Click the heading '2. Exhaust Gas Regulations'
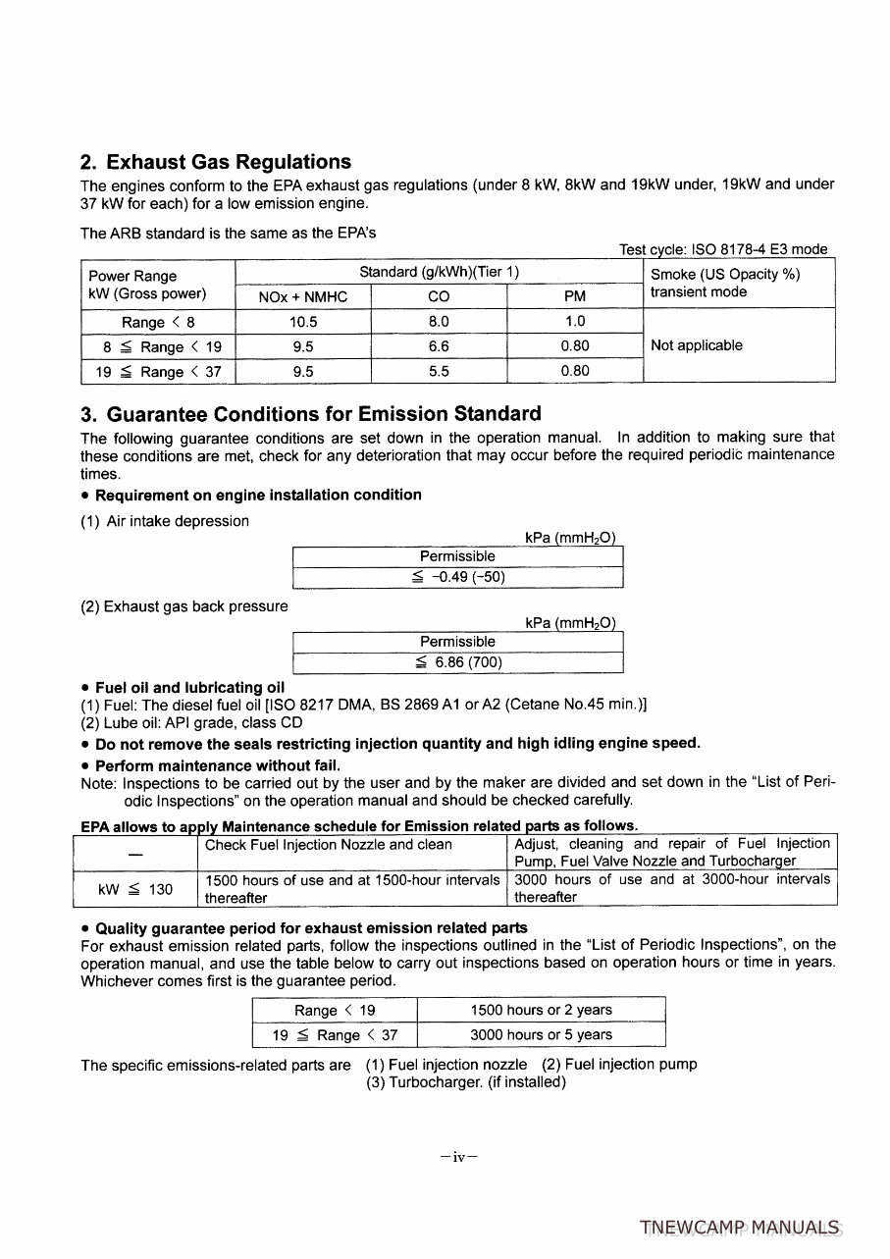(x=215, y=162)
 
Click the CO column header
(x=439, y=296)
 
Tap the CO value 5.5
(x=439, y=372)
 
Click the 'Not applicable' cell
(x=696, y=345)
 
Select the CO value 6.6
(x=439, y=346)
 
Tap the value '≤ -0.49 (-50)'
(x=458, y=577)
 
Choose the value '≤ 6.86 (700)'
(x=458, y=662)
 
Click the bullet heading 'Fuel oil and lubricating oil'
(x=189, y=687)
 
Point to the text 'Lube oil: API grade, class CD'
(x=191, y=723)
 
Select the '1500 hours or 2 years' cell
(x=541, y=1010)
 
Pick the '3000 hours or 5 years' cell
(x=541, y=1034)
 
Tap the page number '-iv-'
(x=458, y=1157)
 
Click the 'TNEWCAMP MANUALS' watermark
(x=739, y=1228)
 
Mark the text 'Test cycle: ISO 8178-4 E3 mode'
(x=723, y=249)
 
